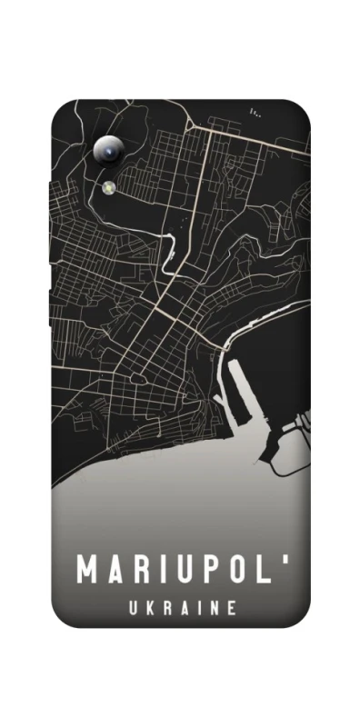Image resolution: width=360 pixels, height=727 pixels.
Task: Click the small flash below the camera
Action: pyautogui.click(x=108, y=186)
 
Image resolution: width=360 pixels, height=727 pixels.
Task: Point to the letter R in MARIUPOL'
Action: pyautogui.click(x=142, y=570)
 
